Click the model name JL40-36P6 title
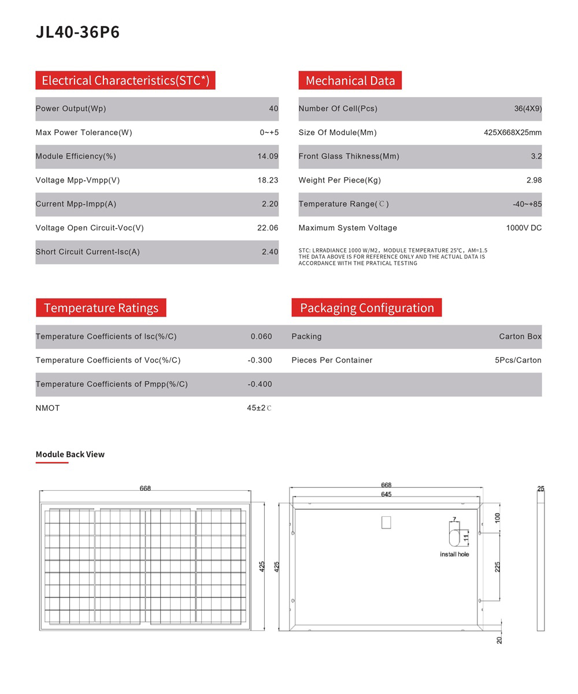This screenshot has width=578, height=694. point(77,32)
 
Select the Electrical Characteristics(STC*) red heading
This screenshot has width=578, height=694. point(125,80)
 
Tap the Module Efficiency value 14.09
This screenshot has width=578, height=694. point(268,156)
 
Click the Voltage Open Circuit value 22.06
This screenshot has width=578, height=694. point(268,228)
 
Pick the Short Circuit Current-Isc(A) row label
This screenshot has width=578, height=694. point(87,252)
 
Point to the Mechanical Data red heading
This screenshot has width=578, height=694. point(350,80)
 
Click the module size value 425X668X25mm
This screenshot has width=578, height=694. point(512,133)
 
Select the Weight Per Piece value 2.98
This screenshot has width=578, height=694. point(534,180)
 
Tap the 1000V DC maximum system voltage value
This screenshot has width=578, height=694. point(524,228)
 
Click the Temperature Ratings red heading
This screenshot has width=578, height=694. point(101,308)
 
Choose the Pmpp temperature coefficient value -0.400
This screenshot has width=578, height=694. point(260,385)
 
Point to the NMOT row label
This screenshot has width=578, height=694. point(47,408)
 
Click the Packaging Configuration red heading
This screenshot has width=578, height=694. point(366,308)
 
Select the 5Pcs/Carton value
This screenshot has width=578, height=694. point(518,360)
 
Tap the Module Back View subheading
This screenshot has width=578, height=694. point(70,454)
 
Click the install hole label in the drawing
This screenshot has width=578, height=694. point(454,554)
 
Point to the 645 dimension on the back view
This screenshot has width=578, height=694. point(386,494)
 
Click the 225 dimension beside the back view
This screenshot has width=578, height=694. point(497,567)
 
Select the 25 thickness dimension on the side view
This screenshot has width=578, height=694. point(540,489)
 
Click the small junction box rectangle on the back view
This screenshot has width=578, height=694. point(386,523)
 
